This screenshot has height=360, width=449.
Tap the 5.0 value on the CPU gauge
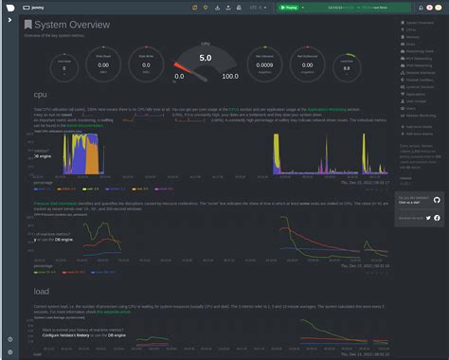click(x=205, y=58)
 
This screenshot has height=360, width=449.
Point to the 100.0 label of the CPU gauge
click(x=229, y=77)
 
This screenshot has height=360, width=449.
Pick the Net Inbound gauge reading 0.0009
click(x=265, y=67)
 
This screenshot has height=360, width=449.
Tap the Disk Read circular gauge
click(x=103, y=67)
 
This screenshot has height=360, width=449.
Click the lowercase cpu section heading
click(x=41, y=95)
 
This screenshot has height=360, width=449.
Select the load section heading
click(x=42, y=292)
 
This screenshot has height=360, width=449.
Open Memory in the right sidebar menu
click(x=412, y=35)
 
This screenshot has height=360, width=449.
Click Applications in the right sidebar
click(x=415, y=94)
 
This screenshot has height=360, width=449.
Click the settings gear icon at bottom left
click(x=9, y=339)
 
